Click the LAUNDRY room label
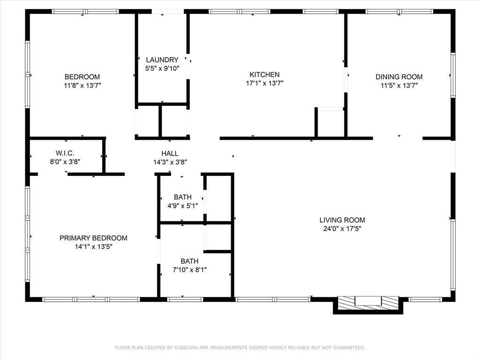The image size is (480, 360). click(162, 60)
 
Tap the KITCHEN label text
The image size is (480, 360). click(264, 75)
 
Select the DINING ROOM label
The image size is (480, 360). click(399, 77)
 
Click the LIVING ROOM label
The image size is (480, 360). click(342, 220)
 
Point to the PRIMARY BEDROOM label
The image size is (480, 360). click(93, 238)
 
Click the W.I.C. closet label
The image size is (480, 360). click(65, 153)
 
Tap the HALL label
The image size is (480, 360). click(170, 153)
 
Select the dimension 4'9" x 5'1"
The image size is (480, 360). click(182, 205)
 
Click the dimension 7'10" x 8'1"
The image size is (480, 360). click(189, 270)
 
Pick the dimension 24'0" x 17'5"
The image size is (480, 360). click(342, 229)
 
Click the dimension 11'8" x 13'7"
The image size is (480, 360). click(82, 85)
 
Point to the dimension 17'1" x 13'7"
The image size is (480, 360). click(264, 83)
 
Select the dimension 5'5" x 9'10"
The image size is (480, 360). click(162, 68)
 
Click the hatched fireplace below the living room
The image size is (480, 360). click(368, 302)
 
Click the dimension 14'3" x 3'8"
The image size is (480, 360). click(170, 162)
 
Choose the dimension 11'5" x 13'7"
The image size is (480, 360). click(399, 85)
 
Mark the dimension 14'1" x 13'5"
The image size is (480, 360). click(93, 247)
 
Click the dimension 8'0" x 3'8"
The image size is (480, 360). click(65, 162)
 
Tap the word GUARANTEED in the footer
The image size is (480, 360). click(347, 348)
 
